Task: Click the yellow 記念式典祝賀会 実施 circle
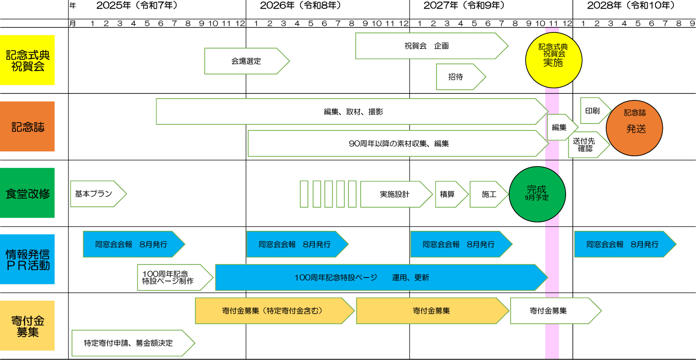click(x=553, y=60)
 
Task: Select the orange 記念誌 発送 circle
click(x=634, y=128)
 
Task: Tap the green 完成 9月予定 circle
click(x=537, y=194)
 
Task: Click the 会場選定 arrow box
click(x=246, y=61)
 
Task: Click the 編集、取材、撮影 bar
click(x=351, y=112)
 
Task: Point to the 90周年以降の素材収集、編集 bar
click(x=398, y=144)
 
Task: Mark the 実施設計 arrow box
click(x=396, y=194)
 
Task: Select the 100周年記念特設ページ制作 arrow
click(x=174, y=278)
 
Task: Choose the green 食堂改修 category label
click(x=27, y=193)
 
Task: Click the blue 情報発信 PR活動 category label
click(x=27, y=260)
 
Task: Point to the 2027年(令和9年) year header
click(x=464, y=6)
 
